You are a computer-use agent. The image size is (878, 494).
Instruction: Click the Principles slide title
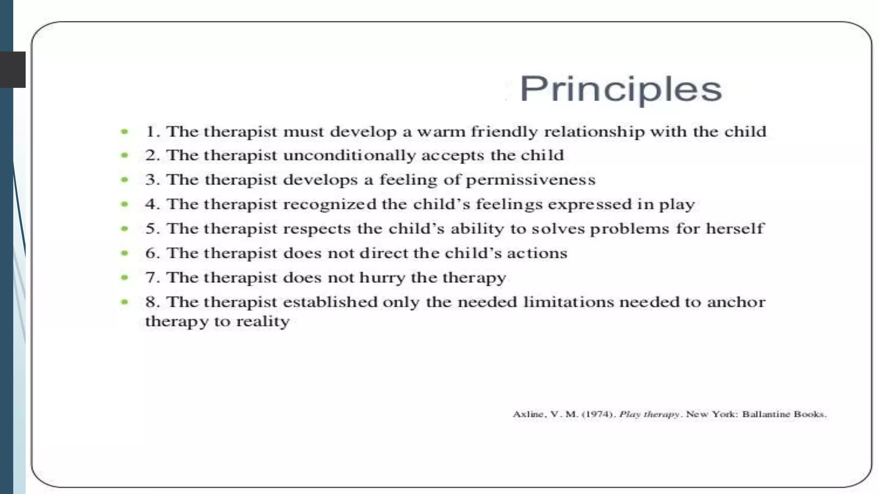coord(620,89)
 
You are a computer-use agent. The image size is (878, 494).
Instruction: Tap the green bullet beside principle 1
coord(124,132)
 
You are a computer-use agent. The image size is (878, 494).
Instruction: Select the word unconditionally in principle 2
coord(349,155)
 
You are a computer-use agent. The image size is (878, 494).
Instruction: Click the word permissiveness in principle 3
coord(531,180)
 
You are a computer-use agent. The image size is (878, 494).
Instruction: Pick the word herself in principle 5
coord(735,229)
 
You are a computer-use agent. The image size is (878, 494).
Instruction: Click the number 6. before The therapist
coord(152,253)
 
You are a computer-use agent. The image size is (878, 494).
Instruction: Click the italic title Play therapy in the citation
coord(649,414)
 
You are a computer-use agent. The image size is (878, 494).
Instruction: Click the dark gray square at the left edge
coord(13,69)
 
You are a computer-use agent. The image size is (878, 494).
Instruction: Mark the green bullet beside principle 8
coord(124,302)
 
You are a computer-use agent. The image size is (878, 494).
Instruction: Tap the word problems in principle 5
coord(629,229)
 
